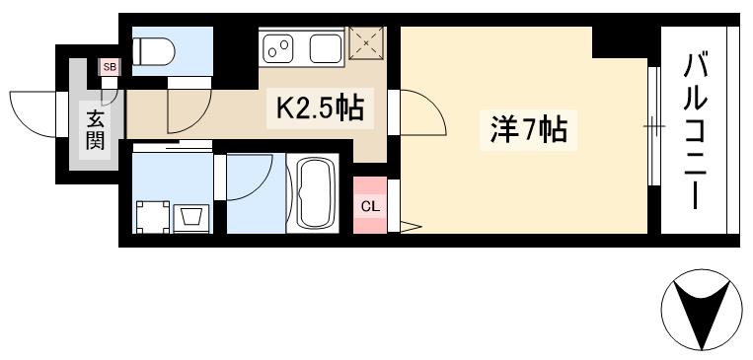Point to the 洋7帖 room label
tap(528, 128)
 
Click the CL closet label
tap(369, 206)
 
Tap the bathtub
tap(313, 193)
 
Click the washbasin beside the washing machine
tap(189, 215)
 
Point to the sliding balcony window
tap(651, 126)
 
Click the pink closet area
tap(369, 206)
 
